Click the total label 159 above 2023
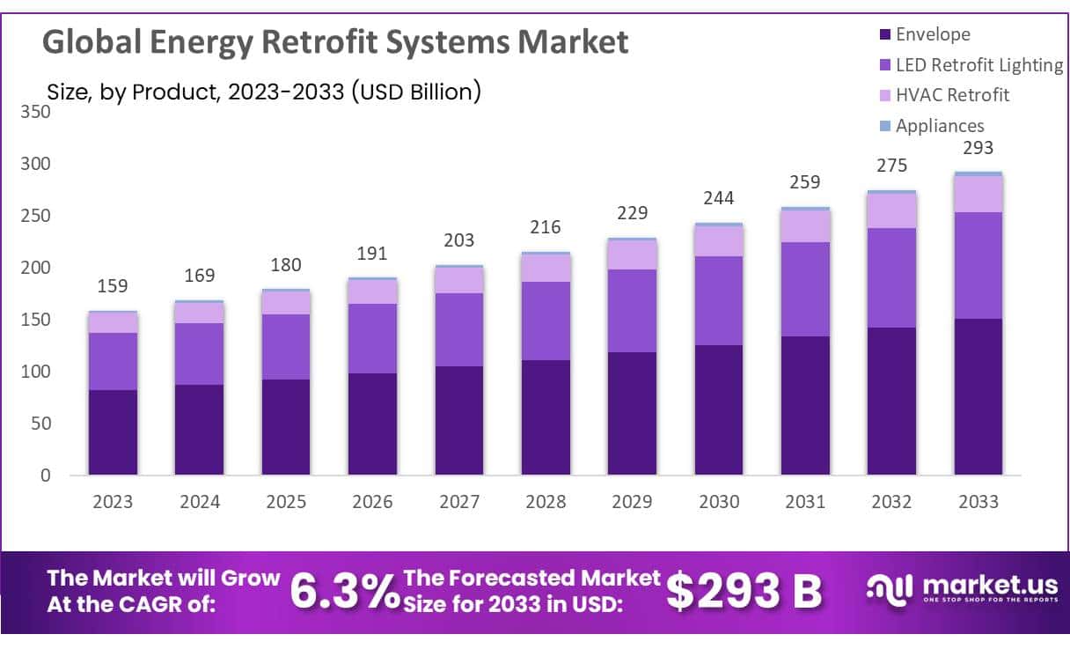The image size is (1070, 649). pyautogui.click(x=113, y=286)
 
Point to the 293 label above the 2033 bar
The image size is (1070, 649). pyautogui.click(x=978, y=148)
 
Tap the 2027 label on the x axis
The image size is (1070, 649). pyautogui.click(x=459, y=502)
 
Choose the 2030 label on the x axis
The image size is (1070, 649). pyautogui.click(x=719, y=502)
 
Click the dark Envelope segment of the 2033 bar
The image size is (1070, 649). pyautogui.click(x=978, y=396)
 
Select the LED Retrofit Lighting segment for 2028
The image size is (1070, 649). pyautogui.click(x=546, y=321)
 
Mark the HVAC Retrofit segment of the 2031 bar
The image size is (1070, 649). pyautogui.click(x=805, y=226)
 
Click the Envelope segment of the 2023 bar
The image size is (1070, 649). pyautogui.click(x=113, y=431)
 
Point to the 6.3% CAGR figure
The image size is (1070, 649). pyautogui.click(x=344, y=592)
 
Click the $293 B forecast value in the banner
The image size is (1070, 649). pyautogui.click(x=744, y=592)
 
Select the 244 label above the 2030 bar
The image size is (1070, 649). pyautogui.click(x=719, y=197)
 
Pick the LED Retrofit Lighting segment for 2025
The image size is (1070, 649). pyautogui.click(x=286, y=347)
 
